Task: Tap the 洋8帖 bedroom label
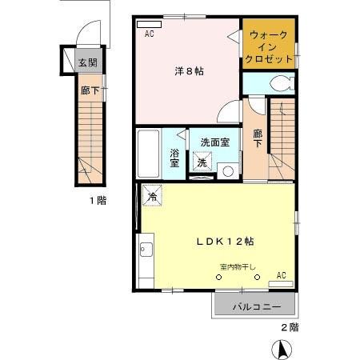pyautogui.click(x=189, y=71)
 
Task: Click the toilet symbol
pyautogui.click(x=278, y=82)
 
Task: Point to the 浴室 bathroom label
pyautogui.click(x=174, y=156)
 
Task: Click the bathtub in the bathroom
pyautogui.click(x=148, y=153)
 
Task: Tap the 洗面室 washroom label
pyautogui.click(x=214, y=142)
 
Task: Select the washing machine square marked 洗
pyautogui.click(x=202, y=162)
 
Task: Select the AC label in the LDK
pyautogui.click(x=281, y=274)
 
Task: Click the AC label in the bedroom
pyautogui.click(x=150, y=34)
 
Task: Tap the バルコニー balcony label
pyautogui.click(x=256, y=306)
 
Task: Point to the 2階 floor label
pyautogui.click(x=289, y=327)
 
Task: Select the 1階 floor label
pyautogui.click(x=98, y=201)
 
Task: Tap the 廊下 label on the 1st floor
pyautogui.click(x=90, y=91)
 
